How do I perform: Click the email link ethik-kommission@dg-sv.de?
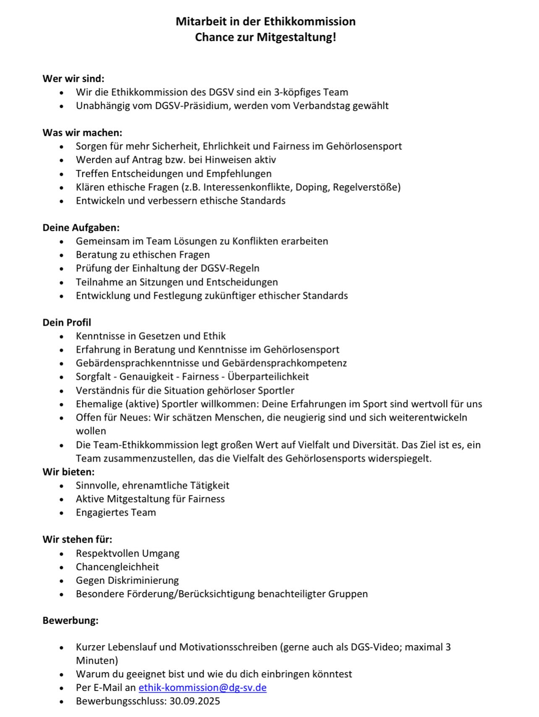pos(202,688)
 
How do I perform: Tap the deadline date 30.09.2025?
pos(195,701)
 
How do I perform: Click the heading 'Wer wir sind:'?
pos(73,79)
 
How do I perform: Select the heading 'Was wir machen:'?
pos(82,133)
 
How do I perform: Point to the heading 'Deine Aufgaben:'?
pos(81,228)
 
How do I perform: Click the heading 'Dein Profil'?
pos(67,322)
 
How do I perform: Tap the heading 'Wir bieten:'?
pos(68,472)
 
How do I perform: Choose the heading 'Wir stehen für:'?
pos(77,539)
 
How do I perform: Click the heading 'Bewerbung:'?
pos(71,620)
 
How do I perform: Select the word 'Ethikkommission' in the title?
pos(309,21)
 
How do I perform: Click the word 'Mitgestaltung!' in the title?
pos(296,37)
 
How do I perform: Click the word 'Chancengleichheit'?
pos(118,567)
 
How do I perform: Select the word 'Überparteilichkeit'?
pos(268,377)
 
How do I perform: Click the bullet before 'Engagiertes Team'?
pos(62,513)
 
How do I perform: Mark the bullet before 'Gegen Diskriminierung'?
pos(62,581)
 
